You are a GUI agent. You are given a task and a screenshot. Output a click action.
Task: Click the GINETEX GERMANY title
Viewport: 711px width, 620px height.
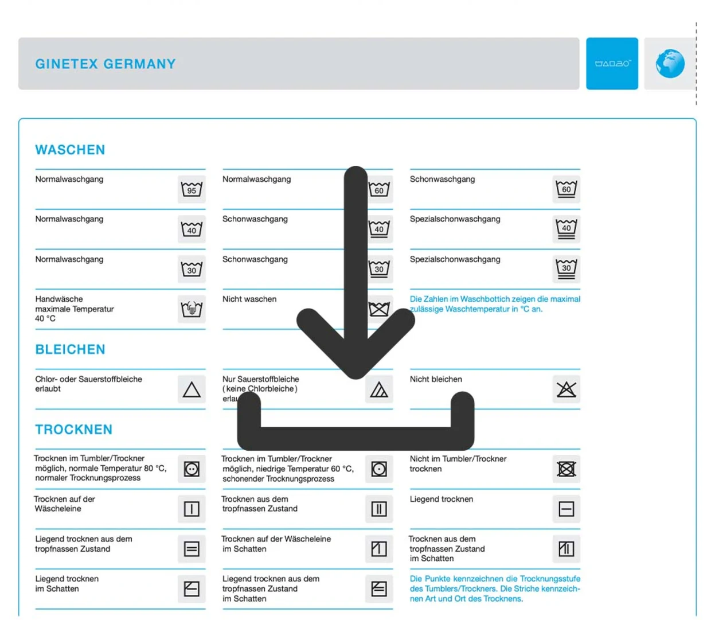106,64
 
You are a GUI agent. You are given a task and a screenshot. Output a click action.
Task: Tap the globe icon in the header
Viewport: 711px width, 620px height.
670,64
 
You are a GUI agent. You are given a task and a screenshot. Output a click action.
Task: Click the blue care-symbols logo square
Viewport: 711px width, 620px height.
612,64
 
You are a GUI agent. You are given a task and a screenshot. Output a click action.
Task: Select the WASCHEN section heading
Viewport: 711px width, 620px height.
70,150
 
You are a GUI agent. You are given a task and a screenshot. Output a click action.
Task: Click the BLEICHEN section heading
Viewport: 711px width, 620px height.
70,349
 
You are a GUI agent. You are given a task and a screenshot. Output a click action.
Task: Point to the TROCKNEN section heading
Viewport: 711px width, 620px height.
73,430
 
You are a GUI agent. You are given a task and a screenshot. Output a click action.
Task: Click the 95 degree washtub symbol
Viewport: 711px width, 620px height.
192,189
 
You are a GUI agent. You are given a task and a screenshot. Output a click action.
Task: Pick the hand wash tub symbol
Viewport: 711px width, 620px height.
192,309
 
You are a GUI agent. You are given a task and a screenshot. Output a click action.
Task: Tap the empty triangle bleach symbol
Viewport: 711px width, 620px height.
192,389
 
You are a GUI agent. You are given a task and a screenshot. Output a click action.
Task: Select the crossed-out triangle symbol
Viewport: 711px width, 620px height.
566,389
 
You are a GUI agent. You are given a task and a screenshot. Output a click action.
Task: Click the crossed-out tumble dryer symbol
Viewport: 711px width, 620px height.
566,469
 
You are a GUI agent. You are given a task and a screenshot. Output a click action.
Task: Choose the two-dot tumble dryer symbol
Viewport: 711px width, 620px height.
192,469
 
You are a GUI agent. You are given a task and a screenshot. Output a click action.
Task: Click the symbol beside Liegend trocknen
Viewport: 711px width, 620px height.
566,509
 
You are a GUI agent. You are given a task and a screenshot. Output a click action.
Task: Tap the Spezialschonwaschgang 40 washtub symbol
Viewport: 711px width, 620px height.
566,229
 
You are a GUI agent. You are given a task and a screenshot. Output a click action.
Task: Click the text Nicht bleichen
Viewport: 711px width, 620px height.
436,379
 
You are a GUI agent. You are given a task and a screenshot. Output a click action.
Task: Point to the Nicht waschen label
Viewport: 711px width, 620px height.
249,299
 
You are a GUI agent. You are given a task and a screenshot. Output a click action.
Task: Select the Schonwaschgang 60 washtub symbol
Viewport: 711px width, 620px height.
566,189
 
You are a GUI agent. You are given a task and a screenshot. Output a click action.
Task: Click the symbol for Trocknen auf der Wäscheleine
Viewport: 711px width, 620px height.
192,509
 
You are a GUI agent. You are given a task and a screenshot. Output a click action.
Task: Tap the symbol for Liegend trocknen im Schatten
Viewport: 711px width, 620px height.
192,588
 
